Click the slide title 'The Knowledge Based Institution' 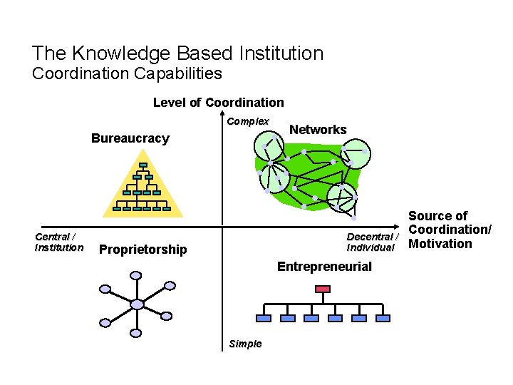click(177, 53)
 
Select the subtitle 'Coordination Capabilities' click(127, 73)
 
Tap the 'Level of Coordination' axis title click(218, 103)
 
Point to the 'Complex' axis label click(247, 121)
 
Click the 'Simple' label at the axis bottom click(245, 344)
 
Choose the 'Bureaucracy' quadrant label click(130, 138)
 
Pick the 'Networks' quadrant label click(318, 130)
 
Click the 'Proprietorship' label click(143, 250)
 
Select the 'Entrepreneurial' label click(324, 267)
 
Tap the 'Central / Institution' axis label click(58, 242)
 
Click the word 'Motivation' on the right click(440, 244)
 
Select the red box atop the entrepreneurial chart click(323, 289)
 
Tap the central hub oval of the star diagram click(138, 304)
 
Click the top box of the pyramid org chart click(142, 165)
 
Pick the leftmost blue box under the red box click(263, 318)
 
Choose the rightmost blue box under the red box click(383, 318)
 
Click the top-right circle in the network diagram click(354, 152)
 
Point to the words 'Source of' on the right click(437, 215)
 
